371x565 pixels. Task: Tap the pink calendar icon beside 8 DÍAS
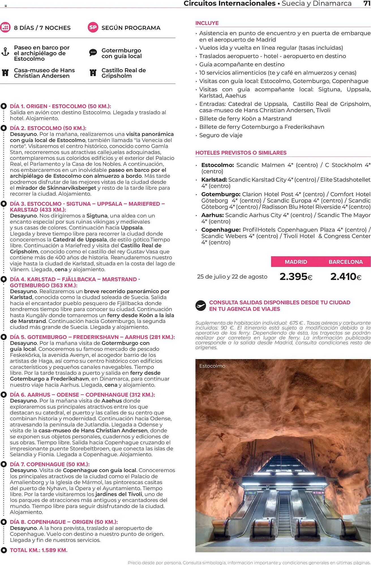pyautogui.click(x=5, y=27)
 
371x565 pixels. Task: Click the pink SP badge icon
pyautogui.click(x=93, y=27)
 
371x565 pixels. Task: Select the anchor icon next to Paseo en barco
pyautogui.click(x=5, y=52)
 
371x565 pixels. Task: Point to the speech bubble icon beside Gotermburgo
pyautogui.click(x=93, y=53)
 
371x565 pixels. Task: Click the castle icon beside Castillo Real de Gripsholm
pyautogui.click(x=93, y=73)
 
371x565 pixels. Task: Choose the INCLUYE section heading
pyautogui.click(x=207, y=23)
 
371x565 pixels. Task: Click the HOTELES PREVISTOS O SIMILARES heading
pyautogui.click(x=241, y=153)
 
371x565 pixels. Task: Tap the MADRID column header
pyautogui.click(x=296, y=262)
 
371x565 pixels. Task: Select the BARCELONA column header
pyautogui.click(x=346, y=262)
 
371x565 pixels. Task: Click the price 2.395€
pyautogui.click(x=296, y=277)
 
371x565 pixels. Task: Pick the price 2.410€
pyautogui.click(x=346, y=277)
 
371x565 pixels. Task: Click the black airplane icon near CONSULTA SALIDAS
pyautogui.click(x=201, y=306)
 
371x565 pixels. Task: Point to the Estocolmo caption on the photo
pyautogui.click(x=212, y=366)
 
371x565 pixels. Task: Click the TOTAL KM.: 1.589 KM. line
pyautogui.click(x=38, y=550)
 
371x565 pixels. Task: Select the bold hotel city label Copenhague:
pyautogui.click(x=221, y=230)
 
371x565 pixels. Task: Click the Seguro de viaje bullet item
pyautogui.click(x=221, y=135)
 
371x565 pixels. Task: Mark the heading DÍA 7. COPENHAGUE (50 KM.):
pyautogui.click(x=50, y=464)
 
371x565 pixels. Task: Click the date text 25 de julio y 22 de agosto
pyautogui.click(x=232, y=277)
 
